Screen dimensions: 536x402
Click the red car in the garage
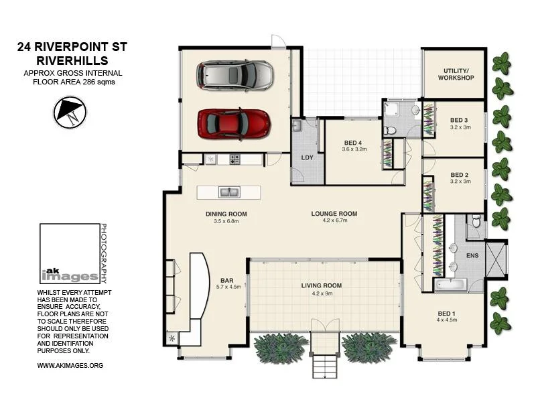coord(234,124)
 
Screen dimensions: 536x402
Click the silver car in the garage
coord(234,75)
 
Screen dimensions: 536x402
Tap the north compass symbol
coord(70,113)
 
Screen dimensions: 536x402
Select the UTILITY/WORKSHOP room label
coord(456,74)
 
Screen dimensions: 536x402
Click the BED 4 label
coord(353,143)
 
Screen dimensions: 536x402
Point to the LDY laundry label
coord(307,157)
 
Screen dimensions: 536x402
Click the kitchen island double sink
coord(229,192)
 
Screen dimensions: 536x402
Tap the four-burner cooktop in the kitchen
coord(235,159)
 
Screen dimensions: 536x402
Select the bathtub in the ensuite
coord(450,285)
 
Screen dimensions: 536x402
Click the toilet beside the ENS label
coord(476,221)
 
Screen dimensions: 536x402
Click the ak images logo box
coord(70,254)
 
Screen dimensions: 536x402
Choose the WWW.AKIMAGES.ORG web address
coord(70,365)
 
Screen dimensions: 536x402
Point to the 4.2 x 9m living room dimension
coord(322,293)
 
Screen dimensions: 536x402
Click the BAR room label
coord(227,281)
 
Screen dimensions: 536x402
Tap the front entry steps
coord(325,366)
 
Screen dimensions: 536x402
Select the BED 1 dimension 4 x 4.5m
coord(447,320)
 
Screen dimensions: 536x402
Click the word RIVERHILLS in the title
coord(72,61)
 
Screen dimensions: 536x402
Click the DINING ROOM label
coord(226,214)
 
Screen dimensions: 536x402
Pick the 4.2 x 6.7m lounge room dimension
coord(334,220)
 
